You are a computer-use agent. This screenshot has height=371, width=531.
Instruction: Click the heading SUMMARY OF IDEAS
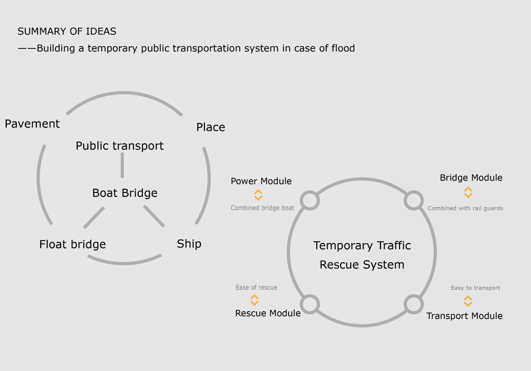[67, 31]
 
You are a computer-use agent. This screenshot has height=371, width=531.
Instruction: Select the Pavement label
[32, 124]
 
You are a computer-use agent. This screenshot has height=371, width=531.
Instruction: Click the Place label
[211, 127]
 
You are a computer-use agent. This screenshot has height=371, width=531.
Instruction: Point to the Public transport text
[120, 146]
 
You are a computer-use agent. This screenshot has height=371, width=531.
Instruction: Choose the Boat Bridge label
[125, 193]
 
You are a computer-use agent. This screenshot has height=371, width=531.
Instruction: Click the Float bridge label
[73, 244]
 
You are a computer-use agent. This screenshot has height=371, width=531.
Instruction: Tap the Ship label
[189, 244]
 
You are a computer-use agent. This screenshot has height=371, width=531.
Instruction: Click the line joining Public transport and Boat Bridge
[122, 165]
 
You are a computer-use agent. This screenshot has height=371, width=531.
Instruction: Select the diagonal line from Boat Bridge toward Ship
[154, 216]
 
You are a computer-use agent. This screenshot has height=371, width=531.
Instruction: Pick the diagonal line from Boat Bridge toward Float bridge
[94, 218]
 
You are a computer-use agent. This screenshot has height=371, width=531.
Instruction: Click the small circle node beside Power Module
[310, 200]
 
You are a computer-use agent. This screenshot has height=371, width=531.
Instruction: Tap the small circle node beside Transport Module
[414, 304]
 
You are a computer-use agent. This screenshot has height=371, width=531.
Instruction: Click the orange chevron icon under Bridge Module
[468, 192]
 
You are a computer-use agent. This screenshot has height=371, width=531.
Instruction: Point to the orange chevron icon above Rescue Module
[254, 300]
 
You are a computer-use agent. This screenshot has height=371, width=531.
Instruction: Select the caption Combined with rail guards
[465, 208]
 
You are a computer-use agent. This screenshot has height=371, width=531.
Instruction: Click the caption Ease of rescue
[256, 288]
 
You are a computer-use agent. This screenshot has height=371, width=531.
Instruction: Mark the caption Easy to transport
[475, 288]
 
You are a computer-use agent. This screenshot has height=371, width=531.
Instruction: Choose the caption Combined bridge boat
[262, 208]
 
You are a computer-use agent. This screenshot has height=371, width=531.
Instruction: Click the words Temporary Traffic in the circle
[362, 245]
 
